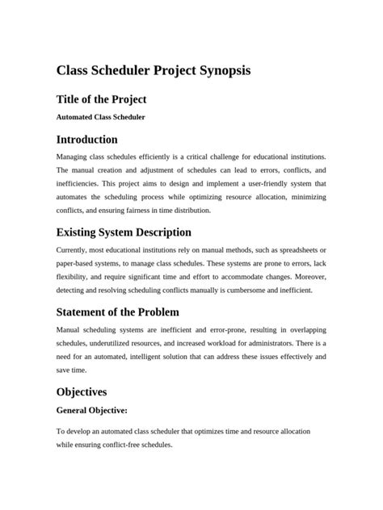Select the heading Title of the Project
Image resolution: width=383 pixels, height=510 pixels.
pos(101,99)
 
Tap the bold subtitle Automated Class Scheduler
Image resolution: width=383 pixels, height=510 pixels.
pos(101,117)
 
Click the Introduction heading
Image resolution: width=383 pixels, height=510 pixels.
pos(99,139)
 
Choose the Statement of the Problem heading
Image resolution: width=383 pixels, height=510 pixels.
pos(117,311)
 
